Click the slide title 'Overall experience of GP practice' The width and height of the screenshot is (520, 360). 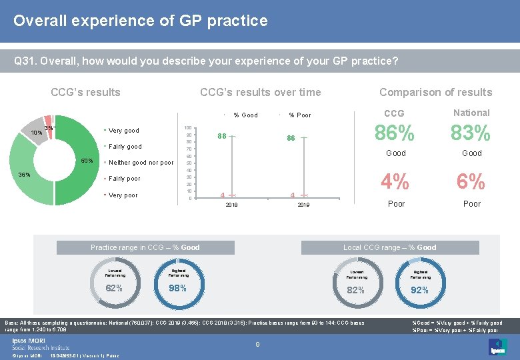pyautogui.click(x=140, y=21)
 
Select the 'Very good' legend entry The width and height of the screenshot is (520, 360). pyautogui.click(x=123, y=131)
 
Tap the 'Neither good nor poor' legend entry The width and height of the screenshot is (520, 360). pyautogui.click(x=141, y=163)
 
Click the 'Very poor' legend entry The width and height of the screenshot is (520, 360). pyautogui.click(x=123, y=195)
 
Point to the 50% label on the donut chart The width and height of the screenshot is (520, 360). pyautogui.click(x=87, y=161)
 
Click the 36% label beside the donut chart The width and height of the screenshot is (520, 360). pyautogui.click(x=24, y=175)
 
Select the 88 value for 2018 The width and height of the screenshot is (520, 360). pyautogui.click(x=223, y=136)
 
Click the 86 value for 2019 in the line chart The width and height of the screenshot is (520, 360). pyautogui.click(x=291, y=138)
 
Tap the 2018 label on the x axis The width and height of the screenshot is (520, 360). pyautogui.click(x=231, y=206)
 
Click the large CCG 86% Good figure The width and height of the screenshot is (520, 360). pyautogui.click(x=396, y=134)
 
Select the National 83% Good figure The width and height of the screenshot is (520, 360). pyautogui.click(x=471, y=134)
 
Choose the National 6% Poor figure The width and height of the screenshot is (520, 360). pyautogui.click(x=471, y=181)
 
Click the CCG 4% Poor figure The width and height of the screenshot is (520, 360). pyautogui.click(x=396, y=181)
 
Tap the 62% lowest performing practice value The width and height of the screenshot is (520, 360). pyautogui.click(x=114, y=289)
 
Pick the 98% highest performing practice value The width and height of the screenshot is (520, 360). pyautogui.click(x=177, y=289)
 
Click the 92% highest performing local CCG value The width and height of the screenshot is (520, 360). pyautogui.click(x=419, y=290)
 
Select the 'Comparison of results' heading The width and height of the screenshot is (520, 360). pyautogui.click(x=435, y=93)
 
